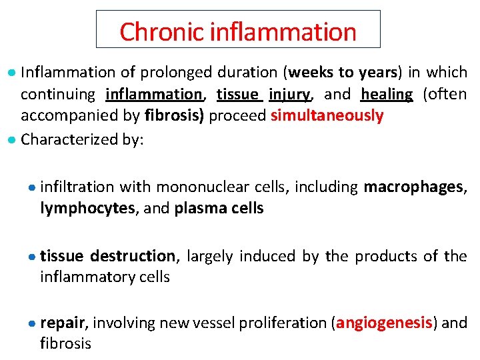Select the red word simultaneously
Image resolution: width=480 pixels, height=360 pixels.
(327, 116)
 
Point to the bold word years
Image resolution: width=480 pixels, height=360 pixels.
(377, 72)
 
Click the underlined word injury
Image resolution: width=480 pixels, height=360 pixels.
(290, 94)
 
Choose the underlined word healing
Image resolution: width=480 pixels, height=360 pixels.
(387, 94)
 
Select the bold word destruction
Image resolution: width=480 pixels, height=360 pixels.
(133, 256)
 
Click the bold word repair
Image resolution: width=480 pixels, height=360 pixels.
(63, 323)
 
